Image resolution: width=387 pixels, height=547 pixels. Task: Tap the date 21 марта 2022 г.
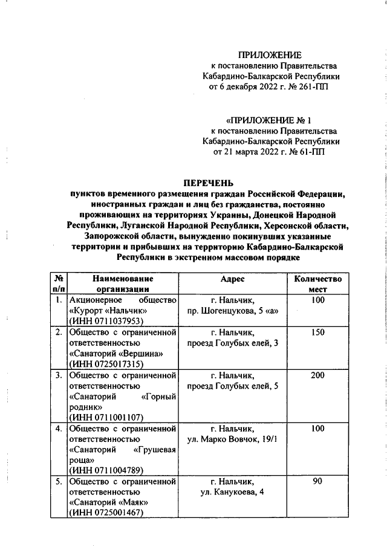(x=250, y=152)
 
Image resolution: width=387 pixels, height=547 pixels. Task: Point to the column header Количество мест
(x=318, y=284)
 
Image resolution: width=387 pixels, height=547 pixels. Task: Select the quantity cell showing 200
(x=318, y=375)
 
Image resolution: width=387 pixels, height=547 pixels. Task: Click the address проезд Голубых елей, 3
(x=232, y=343)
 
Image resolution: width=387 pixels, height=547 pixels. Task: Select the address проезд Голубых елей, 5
(x=232, y=386)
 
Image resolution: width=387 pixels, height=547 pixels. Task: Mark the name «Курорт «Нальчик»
(x=109, y=311)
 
